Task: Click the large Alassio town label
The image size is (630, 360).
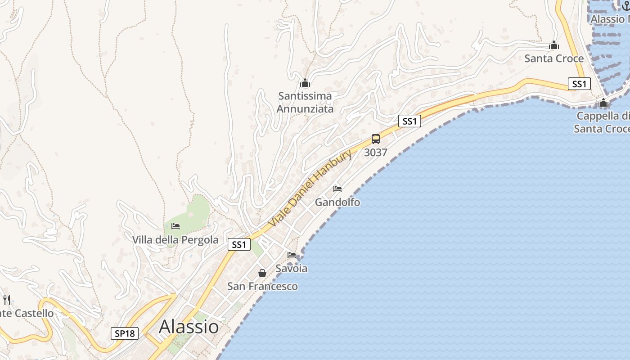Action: click(x=189, y=326)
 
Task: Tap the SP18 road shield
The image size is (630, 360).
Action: click(x=125, y=333)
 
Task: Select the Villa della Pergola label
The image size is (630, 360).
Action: click(x=175, y=240)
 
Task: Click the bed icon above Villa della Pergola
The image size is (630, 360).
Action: click(x=175, y=226)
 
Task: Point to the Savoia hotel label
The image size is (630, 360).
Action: click(x=291, y=269)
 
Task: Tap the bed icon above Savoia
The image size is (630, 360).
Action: click(x=292, y=255)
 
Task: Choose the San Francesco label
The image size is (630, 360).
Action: click(x=262, y=286)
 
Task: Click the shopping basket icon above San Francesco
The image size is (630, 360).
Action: click(x=262, y=273)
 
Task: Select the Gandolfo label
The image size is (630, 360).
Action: click(x=337, y=202)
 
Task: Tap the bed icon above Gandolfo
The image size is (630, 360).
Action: click(x=337, y=189)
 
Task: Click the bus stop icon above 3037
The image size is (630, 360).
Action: click(x=376, y=139)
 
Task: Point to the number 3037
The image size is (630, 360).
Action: click(x=376, y=153)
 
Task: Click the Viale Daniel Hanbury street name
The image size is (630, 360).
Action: click(x=310, y=189)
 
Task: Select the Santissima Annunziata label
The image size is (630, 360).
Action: click(x=305, y=102)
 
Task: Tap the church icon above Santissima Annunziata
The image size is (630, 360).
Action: click(x=305, y=83)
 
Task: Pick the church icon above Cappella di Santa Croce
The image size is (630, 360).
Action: click(x=603, y=103)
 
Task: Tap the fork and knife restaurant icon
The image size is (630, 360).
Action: click(x=7, y=300)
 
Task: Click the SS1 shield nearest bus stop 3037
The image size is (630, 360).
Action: click(x=409, y=121)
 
